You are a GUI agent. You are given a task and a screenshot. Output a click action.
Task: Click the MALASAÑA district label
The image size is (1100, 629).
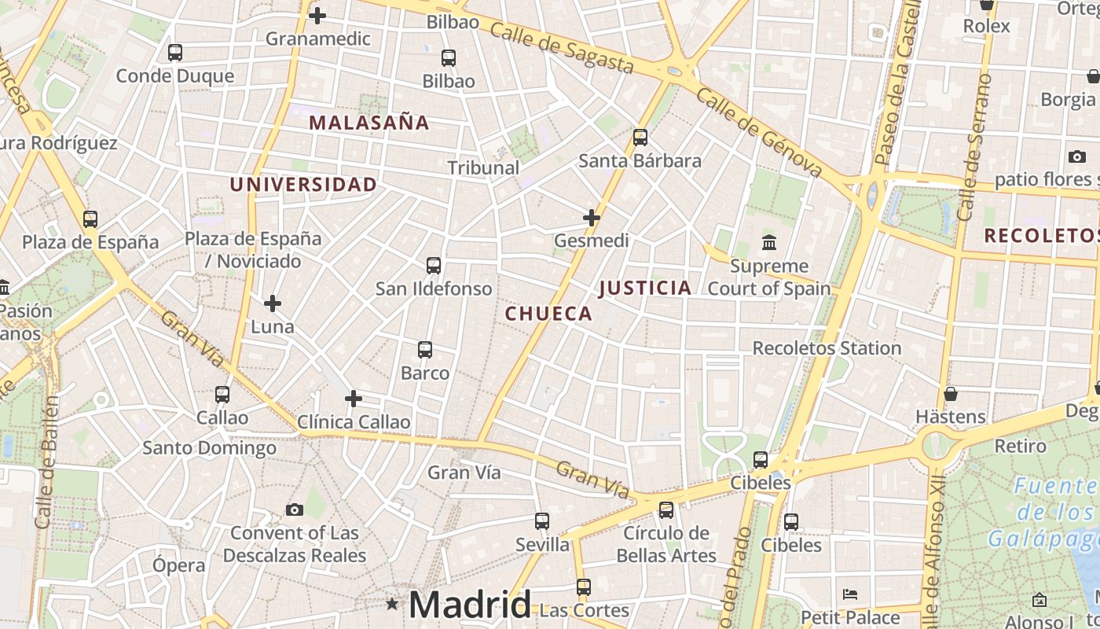[369, 123]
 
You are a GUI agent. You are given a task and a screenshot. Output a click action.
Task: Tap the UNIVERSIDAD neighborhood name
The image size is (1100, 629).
[303, 185]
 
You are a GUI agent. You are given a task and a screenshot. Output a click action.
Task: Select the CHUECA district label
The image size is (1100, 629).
[548, 314]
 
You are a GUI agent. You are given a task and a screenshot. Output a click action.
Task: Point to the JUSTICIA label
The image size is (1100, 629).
[645, 289]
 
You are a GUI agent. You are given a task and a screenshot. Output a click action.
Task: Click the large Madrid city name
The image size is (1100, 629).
[470, 605]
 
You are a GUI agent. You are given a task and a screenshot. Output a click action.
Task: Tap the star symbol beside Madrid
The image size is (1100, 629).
[392, 604]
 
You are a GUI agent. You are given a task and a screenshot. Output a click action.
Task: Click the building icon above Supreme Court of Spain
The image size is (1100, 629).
[769, 242]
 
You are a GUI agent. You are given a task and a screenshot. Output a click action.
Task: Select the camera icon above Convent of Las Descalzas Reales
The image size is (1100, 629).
[295, 509]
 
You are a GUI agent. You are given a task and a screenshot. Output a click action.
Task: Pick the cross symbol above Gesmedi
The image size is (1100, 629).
[592, 217]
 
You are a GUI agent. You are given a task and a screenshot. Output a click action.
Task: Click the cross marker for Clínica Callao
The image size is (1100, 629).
[354, 399]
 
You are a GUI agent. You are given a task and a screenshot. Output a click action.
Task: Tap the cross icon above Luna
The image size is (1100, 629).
[273, 303]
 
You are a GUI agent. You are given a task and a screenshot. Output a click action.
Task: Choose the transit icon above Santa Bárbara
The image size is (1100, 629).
[640, 138]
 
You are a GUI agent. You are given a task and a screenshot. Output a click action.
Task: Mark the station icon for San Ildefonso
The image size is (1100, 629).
[434, 266]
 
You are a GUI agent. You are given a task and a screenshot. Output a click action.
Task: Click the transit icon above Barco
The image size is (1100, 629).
[425, 350]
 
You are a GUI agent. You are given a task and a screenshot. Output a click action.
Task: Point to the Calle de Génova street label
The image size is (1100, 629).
[758, 133]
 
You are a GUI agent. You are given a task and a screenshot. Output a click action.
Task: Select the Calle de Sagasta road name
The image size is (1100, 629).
[561, 48]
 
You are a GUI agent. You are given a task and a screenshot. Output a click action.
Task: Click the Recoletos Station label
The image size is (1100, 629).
[827, 348]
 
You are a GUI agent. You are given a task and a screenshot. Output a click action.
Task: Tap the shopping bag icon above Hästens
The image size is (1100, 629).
[951, 393]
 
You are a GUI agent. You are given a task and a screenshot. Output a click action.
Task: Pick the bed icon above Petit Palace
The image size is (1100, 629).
[850, 594]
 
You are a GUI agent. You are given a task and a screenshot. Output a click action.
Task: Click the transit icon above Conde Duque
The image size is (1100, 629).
[175, 53]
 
